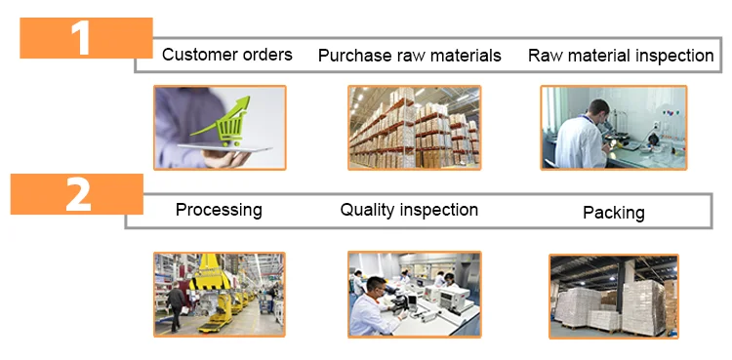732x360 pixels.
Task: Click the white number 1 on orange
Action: [x=81, y=38]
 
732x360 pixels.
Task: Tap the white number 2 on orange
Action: [x=78, y=194]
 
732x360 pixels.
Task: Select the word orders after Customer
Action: [x=267, y=55]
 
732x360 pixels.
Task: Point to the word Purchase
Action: [x=355, y=56]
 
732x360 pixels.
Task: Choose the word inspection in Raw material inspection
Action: [x=674, y=56]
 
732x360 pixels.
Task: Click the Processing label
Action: [x=219, y=210]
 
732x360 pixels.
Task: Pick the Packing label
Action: [x=614, y=213]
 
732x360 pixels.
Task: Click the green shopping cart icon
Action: [x=230, y=128]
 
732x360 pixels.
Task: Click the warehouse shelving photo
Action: [x=414, y=128]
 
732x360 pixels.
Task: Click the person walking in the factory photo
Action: [x=176, y=307]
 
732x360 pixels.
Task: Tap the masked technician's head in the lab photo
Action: [x=377, y=289]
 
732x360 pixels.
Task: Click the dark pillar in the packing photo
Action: [x=622, y=286]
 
